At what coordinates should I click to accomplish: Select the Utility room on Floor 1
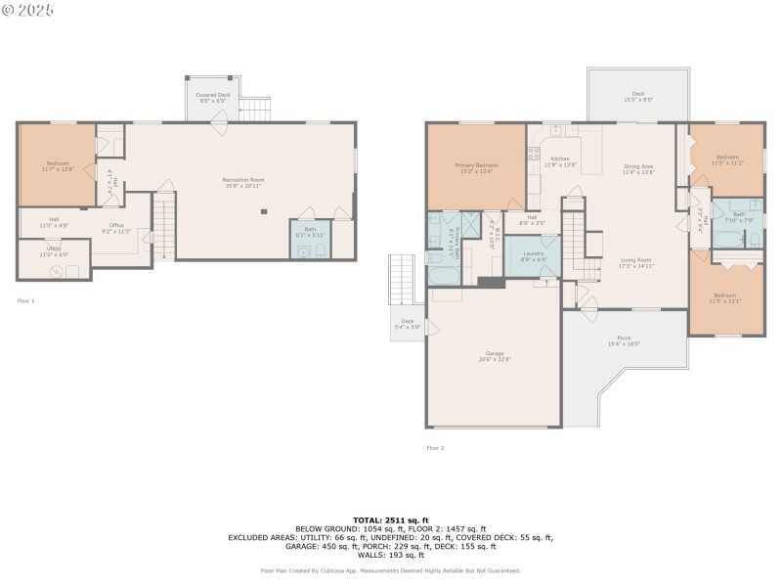pos(55,257)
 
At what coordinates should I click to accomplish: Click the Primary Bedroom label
pos(476,167)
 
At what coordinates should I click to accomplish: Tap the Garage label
pos(495,355)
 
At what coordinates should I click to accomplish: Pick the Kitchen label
pos(559,160)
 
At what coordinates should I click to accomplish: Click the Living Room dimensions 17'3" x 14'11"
pos(635,265)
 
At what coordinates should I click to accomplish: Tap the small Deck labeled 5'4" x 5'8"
pos(407,323)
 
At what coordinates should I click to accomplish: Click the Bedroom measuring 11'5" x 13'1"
pos(724,297)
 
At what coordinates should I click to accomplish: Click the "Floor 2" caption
pos(435,448)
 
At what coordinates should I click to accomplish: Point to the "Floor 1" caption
pos(25,301)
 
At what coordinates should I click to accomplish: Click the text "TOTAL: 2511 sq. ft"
pos(391,519)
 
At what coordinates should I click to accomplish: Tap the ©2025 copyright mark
pos(28,10)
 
